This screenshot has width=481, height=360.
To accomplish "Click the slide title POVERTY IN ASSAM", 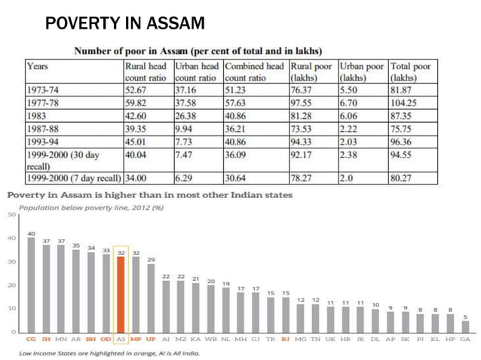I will tap(124, 24).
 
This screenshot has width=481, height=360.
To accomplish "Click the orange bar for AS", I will tap(121, 294).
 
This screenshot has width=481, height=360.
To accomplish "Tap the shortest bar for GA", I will tap(464, 326).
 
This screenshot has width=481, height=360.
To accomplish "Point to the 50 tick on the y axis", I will tap(12, 215).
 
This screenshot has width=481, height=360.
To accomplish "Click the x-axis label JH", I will tap(46, 340).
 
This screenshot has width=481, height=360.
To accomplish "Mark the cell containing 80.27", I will tap(405, 179).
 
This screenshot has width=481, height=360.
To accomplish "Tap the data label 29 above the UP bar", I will tap(151, 259).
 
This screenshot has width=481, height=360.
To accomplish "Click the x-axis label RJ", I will tap(285, 340).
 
